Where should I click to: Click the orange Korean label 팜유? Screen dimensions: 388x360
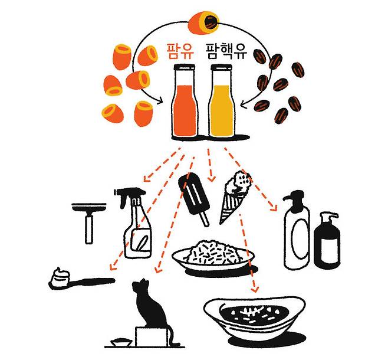[180, 51]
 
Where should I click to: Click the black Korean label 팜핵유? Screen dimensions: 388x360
[226, 51]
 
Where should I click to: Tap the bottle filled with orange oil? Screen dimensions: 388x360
[185, 101]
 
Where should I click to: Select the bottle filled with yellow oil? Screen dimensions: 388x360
[222, 101]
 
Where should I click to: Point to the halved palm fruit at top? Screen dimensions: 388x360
[203, 22]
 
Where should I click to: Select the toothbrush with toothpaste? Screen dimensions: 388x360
[81, 279]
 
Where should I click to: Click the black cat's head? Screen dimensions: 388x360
[142, 287]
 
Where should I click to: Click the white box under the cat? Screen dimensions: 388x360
[152, 337]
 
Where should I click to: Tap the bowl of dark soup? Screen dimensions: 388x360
[254, 318]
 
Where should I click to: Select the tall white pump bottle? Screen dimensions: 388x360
[297, 230]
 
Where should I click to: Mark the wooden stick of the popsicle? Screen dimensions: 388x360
[205, 218]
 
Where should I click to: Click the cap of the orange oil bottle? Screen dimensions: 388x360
[185, 67]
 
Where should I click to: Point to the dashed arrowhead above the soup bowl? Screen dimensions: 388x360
[255, 289]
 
